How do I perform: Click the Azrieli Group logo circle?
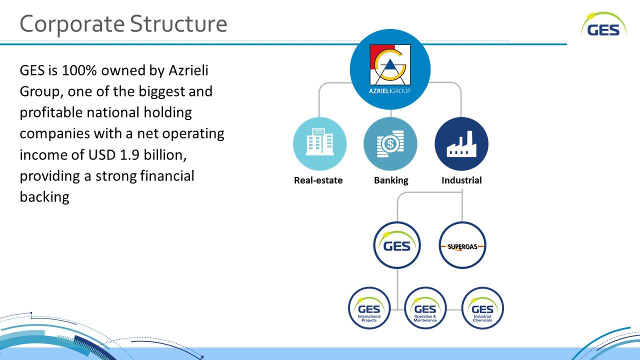(390, 69)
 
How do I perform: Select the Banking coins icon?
(390, 143)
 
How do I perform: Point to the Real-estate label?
(318, 180)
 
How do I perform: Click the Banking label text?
(391, 180)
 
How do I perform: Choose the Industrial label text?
(461, 180)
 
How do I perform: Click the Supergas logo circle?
(462, 245)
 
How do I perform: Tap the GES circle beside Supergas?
(397, 245)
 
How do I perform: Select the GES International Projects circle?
(369, 308)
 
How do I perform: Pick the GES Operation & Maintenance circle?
(425, 308)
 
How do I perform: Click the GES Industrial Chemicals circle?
(482, 308)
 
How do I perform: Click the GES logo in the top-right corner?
(603, 24)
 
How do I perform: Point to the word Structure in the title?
(178, 23)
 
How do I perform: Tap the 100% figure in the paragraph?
(79, 70)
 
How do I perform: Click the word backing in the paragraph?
(44, 197)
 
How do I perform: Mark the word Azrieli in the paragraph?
(188, 70)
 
